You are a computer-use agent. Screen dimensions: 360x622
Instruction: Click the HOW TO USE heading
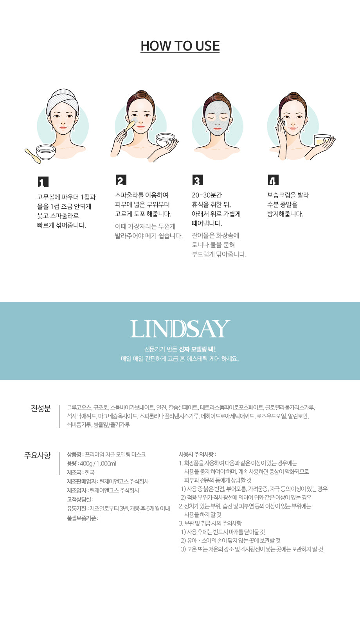pyautogui.click(x=180, y=46)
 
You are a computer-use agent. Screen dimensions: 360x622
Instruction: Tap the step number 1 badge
pyautogui.click(x=43, y=182)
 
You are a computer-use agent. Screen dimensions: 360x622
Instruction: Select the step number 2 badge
pyautogui.click(x=121, y=180)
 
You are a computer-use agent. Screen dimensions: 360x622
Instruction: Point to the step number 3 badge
pyautogui.click(x=198, y=180)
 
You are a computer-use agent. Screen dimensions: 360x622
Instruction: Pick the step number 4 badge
pyautogui.click(x=273, y=180)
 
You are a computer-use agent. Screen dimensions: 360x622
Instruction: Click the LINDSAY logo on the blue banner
pyautogui.click(x=180, y=329)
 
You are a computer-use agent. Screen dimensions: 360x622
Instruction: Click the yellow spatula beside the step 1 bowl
pyautogui.click(x=33, y=156)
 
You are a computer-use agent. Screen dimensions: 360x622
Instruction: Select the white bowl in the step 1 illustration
pyautogui.click(x=46, y=152)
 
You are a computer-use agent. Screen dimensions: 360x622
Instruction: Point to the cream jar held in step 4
pyautogui.click(x=322, y=140)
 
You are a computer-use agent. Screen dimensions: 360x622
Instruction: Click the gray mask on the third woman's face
pyautogui.click(x=217, y=118)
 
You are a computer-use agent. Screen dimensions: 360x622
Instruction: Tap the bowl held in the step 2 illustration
pyautogui.click(x=166, y=140)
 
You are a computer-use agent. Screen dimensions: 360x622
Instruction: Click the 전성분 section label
pyautogui.click(x=41, y=408)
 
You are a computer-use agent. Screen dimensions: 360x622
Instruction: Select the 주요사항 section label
pyautogui.click(x=38, y=455)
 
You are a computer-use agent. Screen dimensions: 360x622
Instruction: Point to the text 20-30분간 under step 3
pyautogui.click(x=207, y=195)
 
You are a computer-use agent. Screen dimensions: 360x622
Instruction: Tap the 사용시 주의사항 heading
pyautogui.click(x=197, y=454)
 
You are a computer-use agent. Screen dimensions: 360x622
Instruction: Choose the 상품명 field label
pyautogui.click(x=74, y=454)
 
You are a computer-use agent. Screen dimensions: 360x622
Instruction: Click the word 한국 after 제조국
pyautogui.click(x=90, y=472)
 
